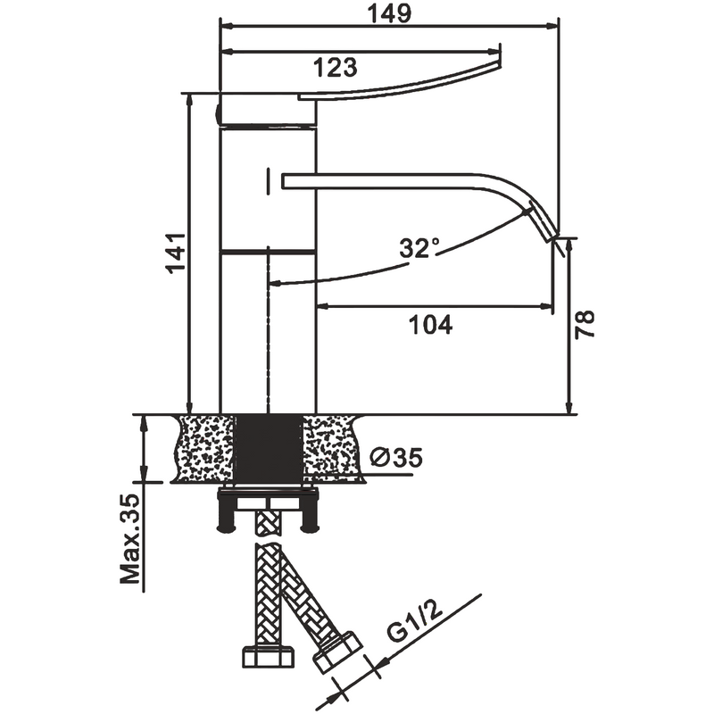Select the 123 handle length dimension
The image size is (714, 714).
pyautogui.click(x=335, y=66)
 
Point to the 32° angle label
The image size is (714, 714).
pyautogui.click(x=419, y=249)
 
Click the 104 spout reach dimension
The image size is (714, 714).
pyautogui.click(x=431, y=325)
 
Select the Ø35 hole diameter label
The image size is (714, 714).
pyautogui.click(x=394, y=458)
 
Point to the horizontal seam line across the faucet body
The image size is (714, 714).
pyautogui.click(x=268, y=253)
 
